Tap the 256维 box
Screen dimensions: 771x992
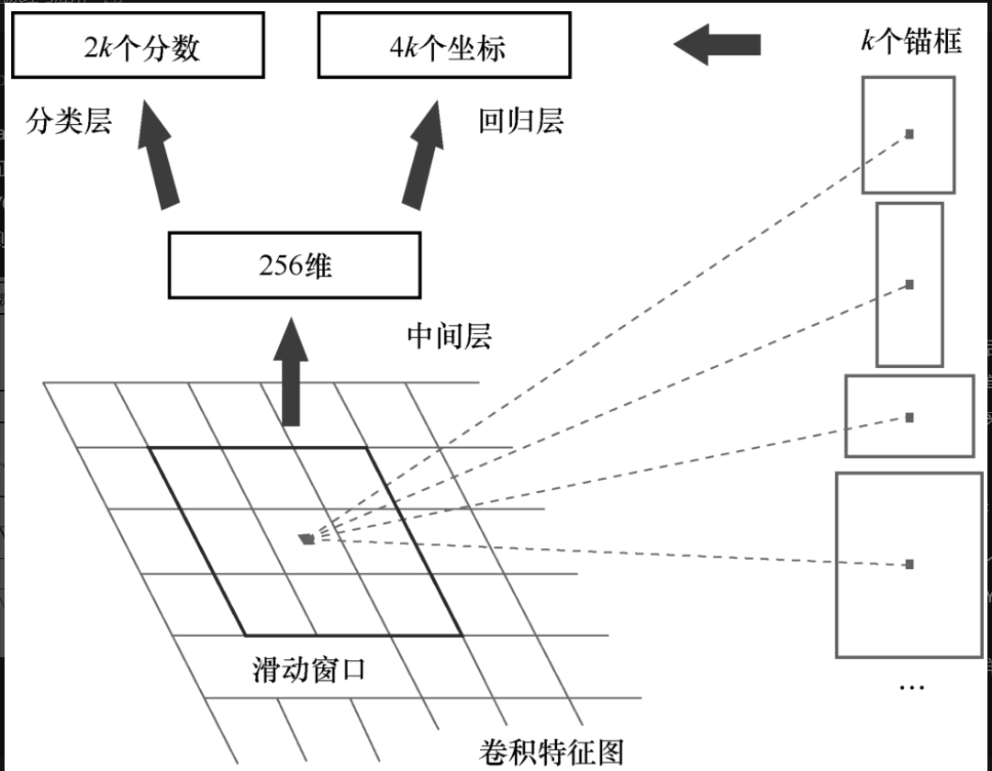295,265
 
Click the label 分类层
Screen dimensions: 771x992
69,122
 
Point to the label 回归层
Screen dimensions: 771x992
521,122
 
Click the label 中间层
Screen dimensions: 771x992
450,336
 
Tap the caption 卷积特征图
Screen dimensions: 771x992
552,752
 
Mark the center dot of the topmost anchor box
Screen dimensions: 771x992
909,134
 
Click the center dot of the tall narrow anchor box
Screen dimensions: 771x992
909,285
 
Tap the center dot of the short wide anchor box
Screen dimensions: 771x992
909,418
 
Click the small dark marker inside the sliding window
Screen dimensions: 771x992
307,539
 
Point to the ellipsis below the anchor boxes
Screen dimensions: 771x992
910,687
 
